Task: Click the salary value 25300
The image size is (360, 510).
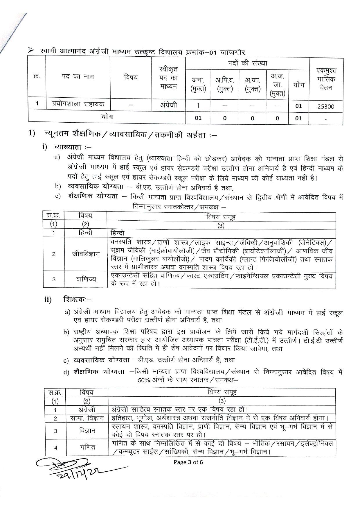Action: (326, 106)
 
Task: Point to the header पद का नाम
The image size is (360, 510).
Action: (78, 77)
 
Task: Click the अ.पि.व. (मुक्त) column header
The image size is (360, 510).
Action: (224, 85)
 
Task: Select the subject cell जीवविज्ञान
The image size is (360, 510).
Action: (86, 254)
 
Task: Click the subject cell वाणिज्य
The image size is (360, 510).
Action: (86, 279)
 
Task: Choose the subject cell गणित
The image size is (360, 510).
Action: (87, 447)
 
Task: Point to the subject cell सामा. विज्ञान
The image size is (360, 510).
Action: (87, 418)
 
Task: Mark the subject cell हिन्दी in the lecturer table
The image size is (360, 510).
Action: (86, 232)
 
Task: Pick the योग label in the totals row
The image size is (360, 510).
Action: (107, 117)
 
